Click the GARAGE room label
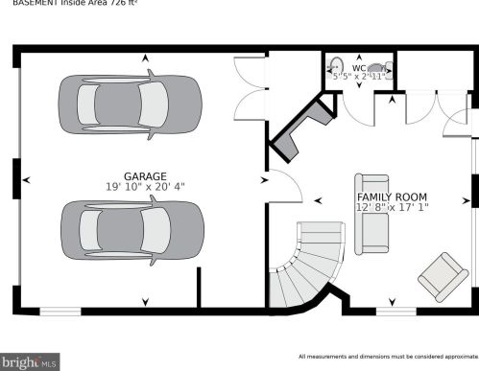pyautogui.click(x=145, y=176)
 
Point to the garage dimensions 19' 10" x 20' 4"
pyautogui.click(x=145, y=187)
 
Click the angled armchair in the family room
pyautogui.click(x=443, y=276)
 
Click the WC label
pyautogui.click(x=358, y=68)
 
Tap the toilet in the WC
pyautogui.click(x=377, y=68)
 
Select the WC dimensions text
pyautogui.click(x=359, y=77)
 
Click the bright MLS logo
pyautogui.click(x=31, y=362)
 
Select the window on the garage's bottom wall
pyautogui.click(x=60, y=310)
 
